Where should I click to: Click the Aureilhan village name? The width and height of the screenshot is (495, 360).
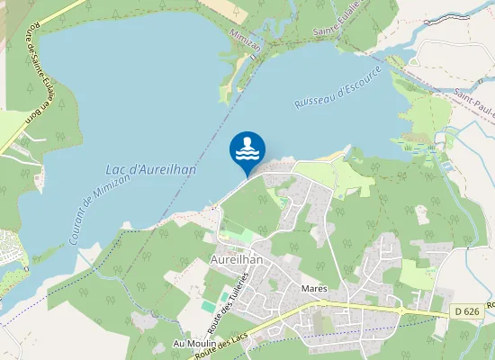[235, 259]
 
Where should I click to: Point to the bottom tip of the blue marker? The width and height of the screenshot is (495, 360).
[247, 175]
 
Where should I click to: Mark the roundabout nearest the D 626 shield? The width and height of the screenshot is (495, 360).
[399, 310]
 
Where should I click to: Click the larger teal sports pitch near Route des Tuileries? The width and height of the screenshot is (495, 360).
[222, 296]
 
